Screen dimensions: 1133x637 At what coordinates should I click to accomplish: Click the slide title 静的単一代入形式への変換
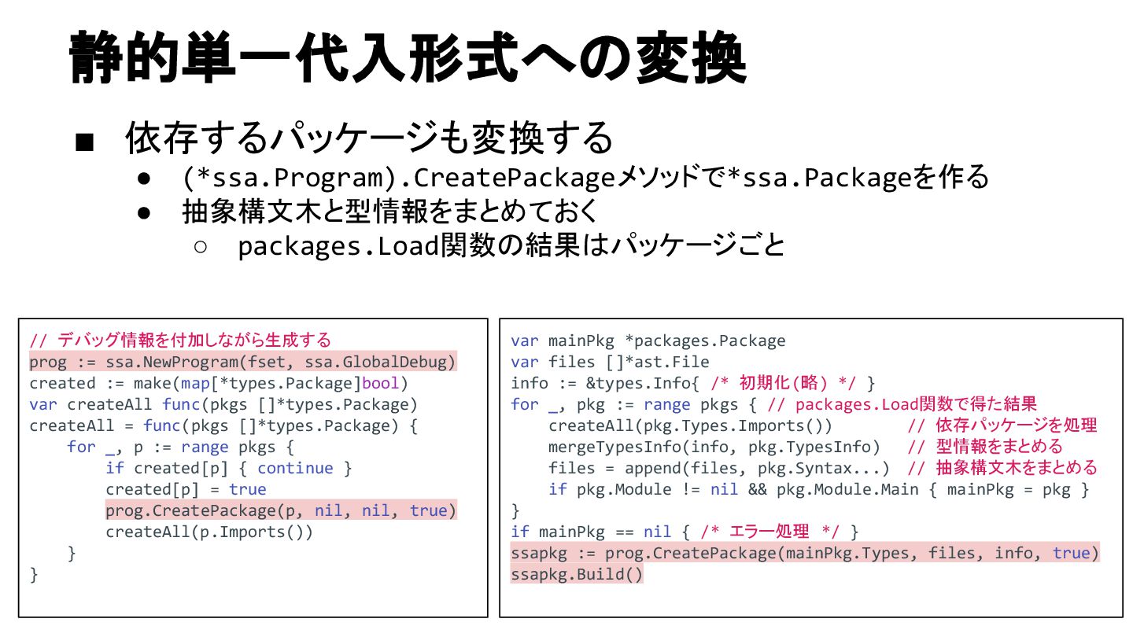pos(407,58)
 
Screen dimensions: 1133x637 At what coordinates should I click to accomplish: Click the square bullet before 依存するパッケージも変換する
pos(85,142)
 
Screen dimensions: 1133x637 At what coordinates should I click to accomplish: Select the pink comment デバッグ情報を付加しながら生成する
pos(180,341)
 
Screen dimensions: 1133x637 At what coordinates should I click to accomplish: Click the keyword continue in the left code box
pos(295,468)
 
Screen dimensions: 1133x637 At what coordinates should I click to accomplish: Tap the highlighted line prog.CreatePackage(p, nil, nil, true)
pos(281,510)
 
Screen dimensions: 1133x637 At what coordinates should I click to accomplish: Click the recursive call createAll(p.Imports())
pos(209,532)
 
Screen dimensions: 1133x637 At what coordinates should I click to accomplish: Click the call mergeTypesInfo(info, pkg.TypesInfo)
pos(714,447)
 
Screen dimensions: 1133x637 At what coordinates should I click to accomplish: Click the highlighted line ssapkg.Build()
pos(577,574)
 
